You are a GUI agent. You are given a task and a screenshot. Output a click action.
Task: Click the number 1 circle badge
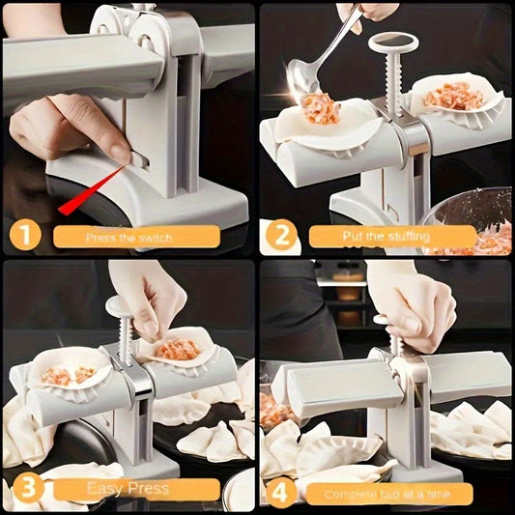[25, 234]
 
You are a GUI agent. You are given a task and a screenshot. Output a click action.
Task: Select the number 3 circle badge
[25, 489]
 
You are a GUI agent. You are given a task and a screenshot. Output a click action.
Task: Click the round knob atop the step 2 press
[391, 42]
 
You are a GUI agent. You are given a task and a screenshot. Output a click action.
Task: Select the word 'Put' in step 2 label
[354, 235]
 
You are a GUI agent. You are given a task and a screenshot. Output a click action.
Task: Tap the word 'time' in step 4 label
[445, 495]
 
